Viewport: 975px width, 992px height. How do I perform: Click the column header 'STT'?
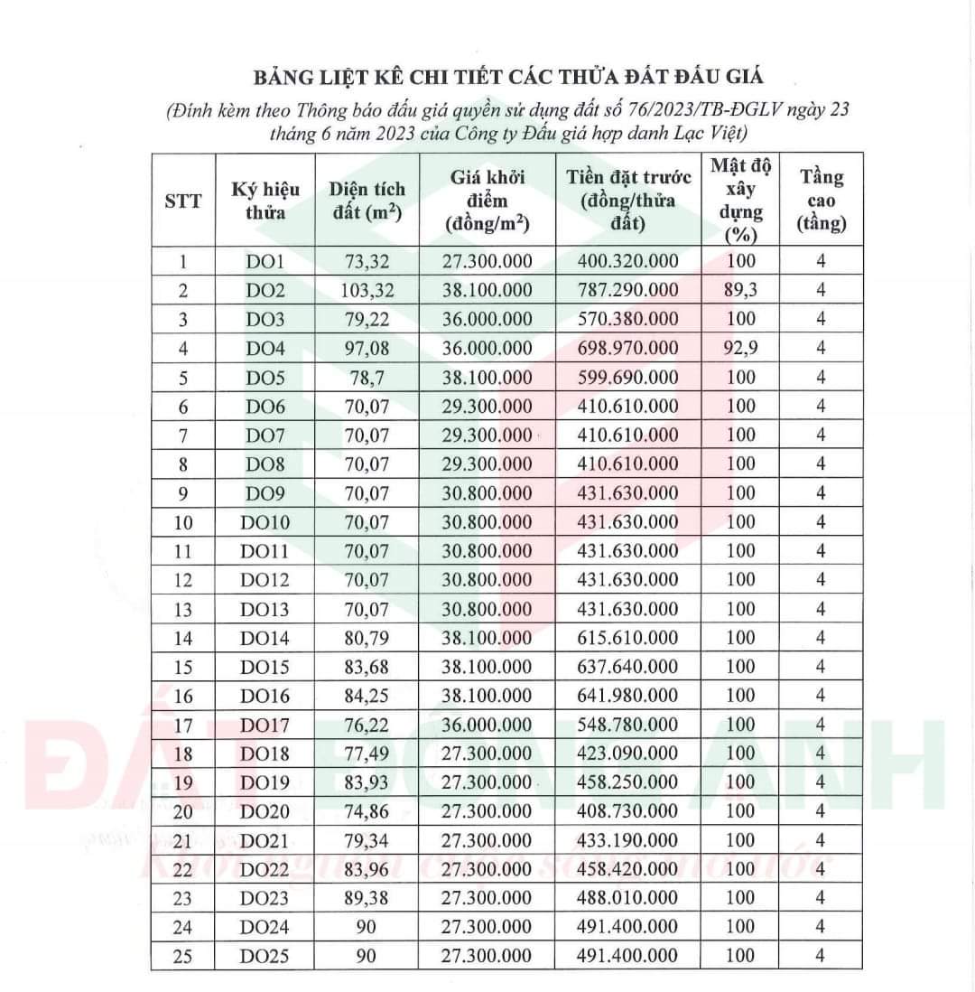tap(183, 201)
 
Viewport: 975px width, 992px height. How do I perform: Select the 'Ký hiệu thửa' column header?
tap(265, 201)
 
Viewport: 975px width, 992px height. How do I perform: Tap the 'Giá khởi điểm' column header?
tap(487, 201)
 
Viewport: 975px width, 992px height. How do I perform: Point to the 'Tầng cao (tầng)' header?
tap(821, 201)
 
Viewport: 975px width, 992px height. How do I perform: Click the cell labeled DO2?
tap(265, 290)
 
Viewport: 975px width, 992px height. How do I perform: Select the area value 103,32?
tap(367, 290)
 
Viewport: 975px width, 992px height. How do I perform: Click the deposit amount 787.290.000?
tap(627, 290)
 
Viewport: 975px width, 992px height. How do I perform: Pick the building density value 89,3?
tap(740, 290)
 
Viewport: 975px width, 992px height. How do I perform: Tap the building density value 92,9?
tap(740, 348)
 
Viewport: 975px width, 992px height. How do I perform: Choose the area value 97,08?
tap(367, 348)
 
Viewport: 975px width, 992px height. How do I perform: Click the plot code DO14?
tap(265, 638)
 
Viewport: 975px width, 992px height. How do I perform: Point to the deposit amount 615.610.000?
tap(627, 638)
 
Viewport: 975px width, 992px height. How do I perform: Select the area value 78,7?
tap(367, 377)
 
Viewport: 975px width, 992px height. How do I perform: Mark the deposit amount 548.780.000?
tap(627, 725)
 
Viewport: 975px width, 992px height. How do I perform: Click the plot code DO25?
tap(265, 956)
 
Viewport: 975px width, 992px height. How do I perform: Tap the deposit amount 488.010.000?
tap(627, 898)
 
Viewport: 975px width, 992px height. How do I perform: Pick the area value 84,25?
tap(367, 696)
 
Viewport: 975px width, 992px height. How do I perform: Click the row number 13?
tap(183, 609)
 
